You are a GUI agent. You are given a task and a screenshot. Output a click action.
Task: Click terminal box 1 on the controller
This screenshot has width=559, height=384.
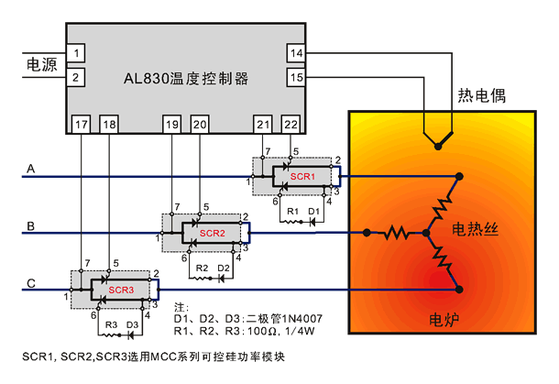click(x=75, y=53)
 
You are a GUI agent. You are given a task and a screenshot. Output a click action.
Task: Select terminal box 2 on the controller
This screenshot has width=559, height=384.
click(x=75, y=77)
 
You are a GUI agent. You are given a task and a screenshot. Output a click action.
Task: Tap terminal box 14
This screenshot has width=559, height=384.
click(x=296, y=53)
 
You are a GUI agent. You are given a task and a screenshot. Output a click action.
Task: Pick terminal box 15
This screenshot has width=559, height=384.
click(x=296, y=77)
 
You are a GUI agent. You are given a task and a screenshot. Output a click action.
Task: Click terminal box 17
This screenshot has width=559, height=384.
click(x=81, y=124)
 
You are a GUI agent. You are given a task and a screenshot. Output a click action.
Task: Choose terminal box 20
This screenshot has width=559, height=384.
click(x=200, y=124)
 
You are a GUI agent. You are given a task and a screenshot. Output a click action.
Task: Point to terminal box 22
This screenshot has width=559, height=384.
click(x=290, y=124)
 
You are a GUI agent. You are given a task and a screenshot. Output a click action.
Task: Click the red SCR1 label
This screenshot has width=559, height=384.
click(x=302, y=177)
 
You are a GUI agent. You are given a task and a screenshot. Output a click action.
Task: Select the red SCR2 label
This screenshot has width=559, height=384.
click(x=212, y=233)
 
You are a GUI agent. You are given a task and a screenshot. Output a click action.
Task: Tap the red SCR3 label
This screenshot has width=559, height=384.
click(x=121, y=290)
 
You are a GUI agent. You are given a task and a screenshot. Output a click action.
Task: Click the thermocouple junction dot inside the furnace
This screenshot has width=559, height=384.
click(x=438, y=147)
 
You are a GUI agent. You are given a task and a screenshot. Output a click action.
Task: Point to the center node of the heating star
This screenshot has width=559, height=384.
click(x=426, y=233)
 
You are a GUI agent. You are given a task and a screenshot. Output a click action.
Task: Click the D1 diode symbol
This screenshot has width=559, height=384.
click(x=312, y=222)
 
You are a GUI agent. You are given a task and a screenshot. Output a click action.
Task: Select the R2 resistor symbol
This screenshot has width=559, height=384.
click(x=201, y=278)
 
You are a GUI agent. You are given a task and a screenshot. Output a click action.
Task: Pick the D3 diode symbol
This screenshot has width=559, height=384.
click(x=131, y=335)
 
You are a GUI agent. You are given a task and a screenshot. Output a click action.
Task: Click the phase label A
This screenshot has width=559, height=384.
click(x=31, y=169)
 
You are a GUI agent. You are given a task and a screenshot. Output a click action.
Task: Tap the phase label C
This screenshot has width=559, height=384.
click(x=31, y=283)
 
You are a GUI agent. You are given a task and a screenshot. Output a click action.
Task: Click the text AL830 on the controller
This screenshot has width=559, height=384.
click(x=146, y=79)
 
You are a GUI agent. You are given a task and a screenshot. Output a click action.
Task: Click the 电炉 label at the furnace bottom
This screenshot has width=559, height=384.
click(x=444, y=320)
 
